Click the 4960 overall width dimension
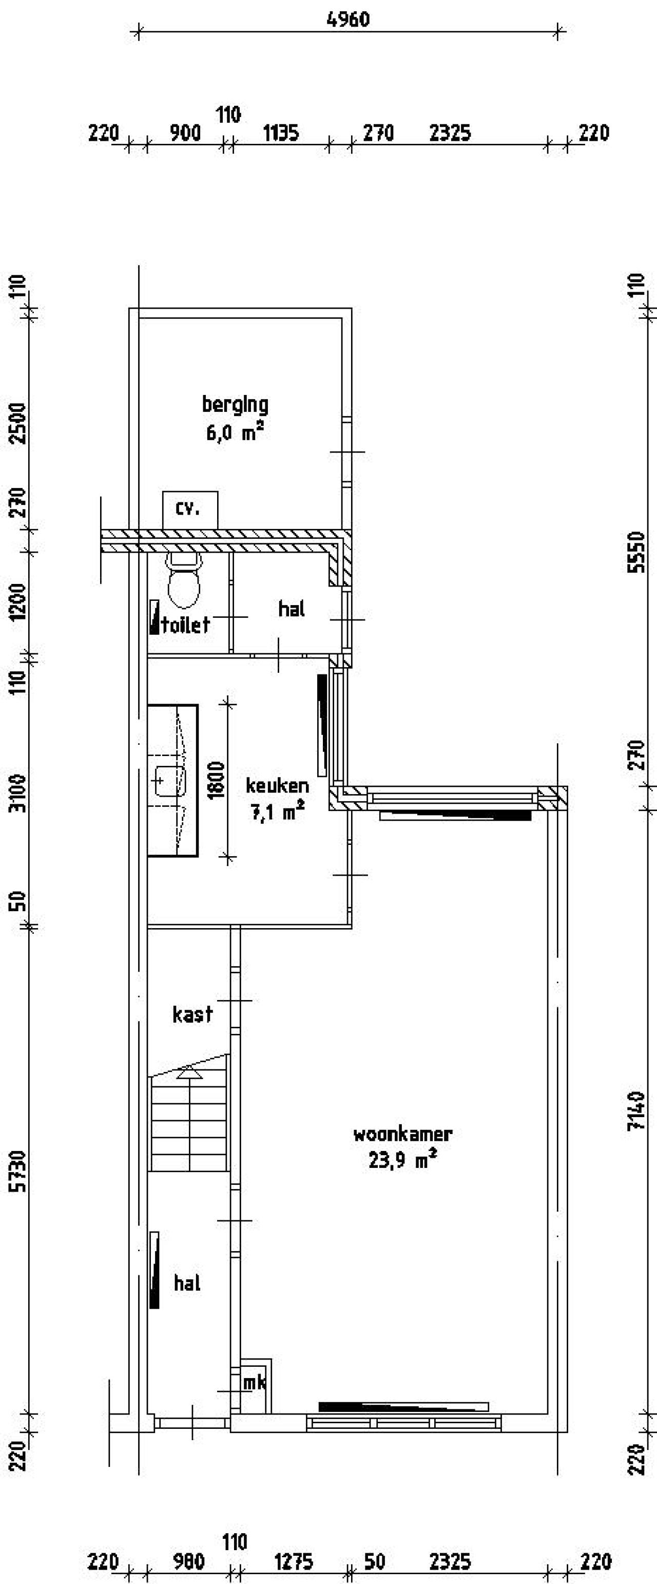tap(348, 19)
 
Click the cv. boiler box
tap(189, 509)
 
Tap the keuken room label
tap(277, 785)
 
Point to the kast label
tap(192, 1014)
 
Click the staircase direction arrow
tap(189, 1073)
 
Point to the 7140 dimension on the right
tap(637, 1110)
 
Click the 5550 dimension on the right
tap(637, 552)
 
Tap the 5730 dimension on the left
tap(18, 1172)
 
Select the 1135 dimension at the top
tap(281, 133)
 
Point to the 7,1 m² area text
tap(277, 813)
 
